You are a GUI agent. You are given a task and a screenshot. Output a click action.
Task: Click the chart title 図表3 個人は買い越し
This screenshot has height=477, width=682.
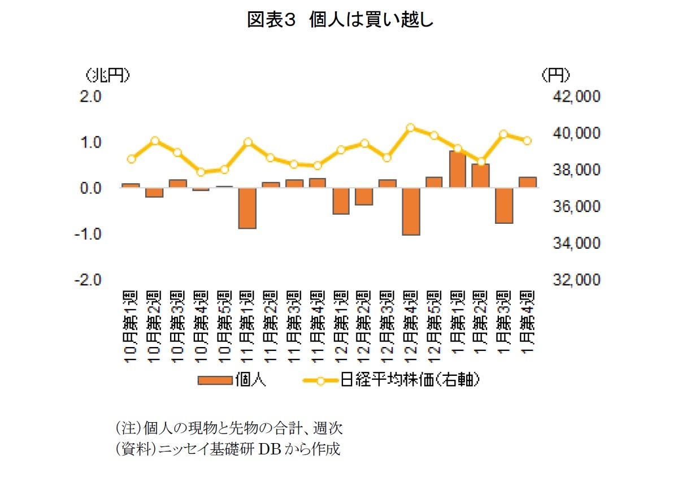click(x=340, y=20)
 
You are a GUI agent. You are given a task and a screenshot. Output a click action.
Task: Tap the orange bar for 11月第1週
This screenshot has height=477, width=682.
click(x=247, y=208)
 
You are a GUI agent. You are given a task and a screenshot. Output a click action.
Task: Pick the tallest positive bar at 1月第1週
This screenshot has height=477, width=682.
click(x=458, y=169)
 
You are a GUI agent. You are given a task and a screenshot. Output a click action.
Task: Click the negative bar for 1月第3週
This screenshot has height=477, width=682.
click(x=504, y=205)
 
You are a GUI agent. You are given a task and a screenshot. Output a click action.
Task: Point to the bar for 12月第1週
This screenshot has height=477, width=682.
click(x=341, y=201)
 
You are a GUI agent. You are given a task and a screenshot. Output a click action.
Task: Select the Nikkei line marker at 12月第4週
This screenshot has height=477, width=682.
click(x=411, y=128)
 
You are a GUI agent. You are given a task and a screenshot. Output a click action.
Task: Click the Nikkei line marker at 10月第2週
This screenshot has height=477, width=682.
click(x=155, y=141)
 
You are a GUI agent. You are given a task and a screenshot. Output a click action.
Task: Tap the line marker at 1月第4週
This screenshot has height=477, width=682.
click(x=527, y=141)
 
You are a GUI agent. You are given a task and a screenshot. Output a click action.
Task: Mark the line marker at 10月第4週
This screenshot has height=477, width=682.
click(x=201, y=172)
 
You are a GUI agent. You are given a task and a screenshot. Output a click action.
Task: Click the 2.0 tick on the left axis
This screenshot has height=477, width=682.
click(x=90, y=96)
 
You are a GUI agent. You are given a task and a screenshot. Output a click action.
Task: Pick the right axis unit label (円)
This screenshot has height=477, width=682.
click(x=555, y=75)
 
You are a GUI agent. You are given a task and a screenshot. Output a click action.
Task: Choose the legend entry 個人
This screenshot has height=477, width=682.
click(x=232, y=380)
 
